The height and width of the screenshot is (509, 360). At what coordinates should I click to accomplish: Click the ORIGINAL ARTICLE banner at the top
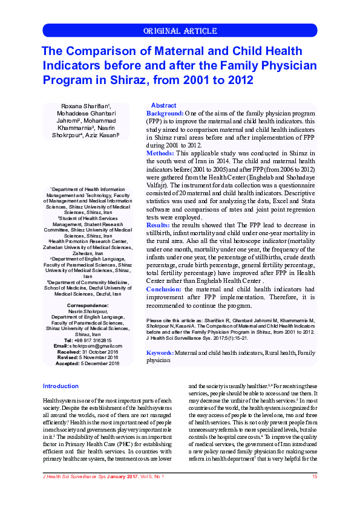pyautogui.click(x=179, y=31)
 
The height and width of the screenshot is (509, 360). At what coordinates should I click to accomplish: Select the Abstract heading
pyautogui.click(x=163, y=105)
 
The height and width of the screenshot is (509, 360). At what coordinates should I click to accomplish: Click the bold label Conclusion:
pyautogui.click(x=164, y=290)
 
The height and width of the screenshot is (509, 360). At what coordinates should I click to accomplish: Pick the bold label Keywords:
pyautogui.click(x=160, y=352)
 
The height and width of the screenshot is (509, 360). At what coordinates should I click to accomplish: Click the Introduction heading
pyautogui.click(x=61, y=386)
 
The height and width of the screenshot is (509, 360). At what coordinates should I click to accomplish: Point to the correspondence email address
pyautogui.click(x=96, y=346)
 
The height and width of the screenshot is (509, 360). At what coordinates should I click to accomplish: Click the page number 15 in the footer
pyautogui.click(x=315, y=477)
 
